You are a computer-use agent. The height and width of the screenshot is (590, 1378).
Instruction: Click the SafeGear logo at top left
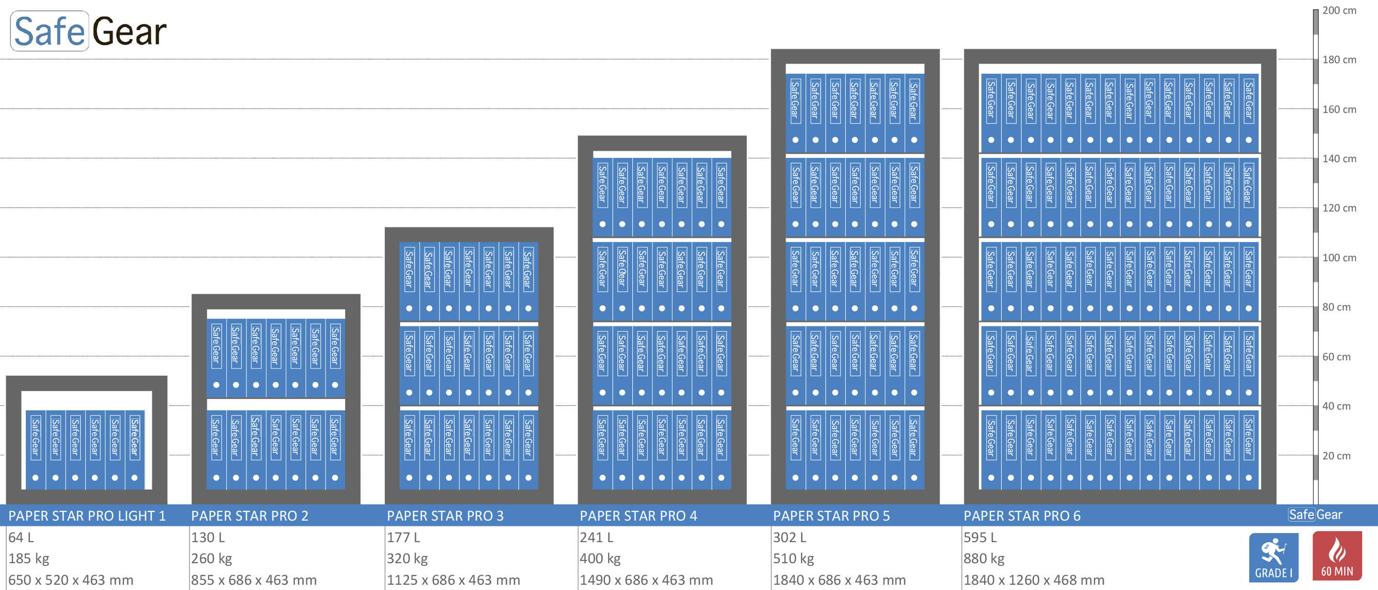click(x=88, y=31)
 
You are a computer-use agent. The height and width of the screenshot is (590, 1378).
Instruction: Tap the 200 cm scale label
click(x=1339, y=10)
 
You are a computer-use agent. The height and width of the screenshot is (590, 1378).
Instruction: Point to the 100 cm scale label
click(x=1339, y=257)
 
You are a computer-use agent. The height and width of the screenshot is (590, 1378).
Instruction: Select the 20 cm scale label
click(x=1336, y=456)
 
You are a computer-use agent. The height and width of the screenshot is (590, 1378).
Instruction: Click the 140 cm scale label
click(x=1339, y=158)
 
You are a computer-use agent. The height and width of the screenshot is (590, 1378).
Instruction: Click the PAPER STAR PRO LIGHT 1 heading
click(x=87, y=516)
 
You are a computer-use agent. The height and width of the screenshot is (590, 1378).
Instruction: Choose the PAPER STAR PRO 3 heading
click(x=445, y=516)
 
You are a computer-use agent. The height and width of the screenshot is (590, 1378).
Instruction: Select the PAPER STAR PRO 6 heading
click(x=1022, y=516)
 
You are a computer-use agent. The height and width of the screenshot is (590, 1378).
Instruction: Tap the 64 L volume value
click(x=21, y=537)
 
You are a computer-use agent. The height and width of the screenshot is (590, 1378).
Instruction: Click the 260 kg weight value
click(x=211, y=558)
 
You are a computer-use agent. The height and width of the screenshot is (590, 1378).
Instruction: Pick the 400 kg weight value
click(x=600, y=558)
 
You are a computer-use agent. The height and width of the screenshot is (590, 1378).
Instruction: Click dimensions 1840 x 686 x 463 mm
click(x=839, y=580)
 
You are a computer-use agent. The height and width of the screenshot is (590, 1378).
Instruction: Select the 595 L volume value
click(x=980, y=537)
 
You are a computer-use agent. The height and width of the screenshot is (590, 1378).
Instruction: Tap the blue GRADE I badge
click(x=1273, y=557)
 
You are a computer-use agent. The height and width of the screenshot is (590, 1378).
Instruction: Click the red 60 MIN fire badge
click(x=1337, y=557)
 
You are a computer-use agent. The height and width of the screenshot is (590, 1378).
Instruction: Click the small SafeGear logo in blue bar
click(x=1315, y=514)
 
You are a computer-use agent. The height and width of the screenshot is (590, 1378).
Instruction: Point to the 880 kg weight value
click(x=984, y=558)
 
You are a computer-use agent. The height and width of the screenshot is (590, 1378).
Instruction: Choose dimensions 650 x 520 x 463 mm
click(x=71, y=580)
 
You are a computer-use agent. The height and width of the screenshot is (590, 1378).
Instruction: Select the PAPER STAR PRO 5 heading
click(x=831, y=516)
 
